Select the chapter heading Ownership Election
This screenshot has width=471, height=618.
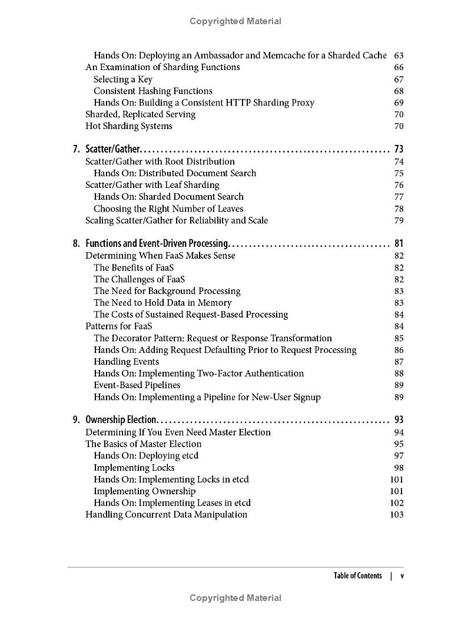click(121, 420)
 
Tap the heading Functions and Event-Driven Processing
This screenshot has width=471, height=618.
click(157, 243)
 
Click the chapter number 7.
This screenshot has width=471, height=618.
click(76, 150)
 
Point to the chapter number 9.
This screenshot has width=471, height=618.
click(76, 420)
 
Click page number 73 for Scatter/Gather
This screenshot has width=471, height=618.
click(398, 150)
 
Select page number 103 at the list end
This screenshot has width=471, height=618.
click(396, 515)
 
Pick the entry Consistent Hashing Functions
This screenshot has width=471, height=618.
click(152, 91)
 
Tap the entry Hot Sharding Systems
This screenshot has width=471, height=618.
click(128, 126)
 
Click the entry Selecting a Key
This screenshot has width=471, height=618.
click(122, 79)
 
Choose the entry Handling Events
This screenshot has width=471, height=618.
click(126, 362)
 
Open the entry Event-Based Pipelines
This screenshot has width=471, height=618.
click(137, 385)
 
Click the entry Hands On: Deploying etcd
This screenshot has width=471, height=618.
click(146, 456)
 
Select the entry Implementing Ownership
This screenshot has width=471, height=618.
click(144, 491)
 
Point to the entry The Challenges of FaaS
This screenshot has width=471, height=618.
click(139, 279)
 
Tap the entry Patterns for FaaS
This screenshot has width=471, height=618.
click(118, 326)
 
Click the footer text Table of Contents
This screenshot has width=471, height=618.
click(357, 576)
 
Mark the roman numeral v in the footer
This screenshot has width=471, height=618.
click(402, 576)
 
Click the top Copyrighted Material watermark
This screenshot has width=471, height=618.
click(235, 21)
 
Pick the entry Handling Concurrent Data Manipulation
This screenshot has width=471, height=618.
click(166, 515)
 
